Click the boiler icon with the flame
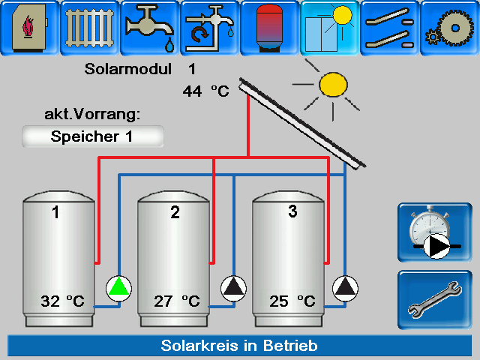click(30, 28)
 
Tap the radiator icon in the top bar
click(90, 28)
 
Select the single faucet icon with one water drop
click(150, 28)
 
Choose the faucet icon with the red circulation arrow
click(210, 28)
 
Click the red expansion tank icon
click(270, 28)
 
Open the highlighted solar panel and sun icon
click(330, 28)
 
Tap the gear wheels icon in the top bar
click(450, 28)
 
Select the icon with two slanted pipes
click(390, 28)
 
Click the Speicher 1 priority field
click(93, 136)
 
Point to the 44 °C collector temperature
click(205, 91)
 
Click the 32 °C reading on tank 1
click(62, 301)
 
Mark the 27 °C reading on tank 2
click(177, 301)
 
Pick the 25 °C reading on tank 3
click(292, 301)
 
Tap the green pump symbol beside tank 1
click(118, 288)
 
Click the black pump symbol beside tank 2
click(233, 288)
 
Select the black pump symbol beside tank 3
click(345, 288)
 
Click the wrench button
click(435, 300)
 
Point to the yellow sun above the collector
click(333, 85)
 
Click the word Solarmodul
click(128, 69)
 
